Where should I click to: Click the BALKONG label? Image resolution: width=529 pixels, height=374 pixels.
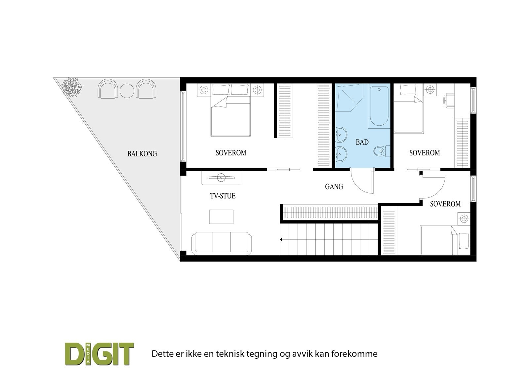point(142,154)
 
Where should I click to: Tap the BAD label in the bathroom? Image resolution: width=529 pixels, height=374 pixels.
point(362,142)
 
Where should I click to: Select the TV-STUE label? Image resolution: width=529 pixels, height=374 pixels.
point(223,196)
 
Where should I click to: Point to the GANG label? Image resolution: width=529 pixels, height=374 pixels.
point(334,187)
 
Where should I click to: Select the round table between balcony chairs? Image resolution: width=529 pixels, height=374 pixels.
point(126,91)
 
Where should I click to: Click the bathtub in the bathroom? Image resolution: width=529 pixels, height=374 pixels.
point(379,106)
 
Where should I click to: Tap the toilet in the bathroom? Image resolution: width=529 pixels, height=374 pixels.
point(381,151)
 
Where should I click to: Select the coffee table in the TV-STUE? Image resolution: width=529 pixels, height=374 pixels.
point(221,217)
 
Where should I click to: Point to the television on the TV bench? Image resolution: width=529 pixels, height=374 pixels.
point(221,177)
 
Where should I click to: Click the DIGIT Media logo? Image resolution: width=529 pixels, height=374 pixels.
point(100,354)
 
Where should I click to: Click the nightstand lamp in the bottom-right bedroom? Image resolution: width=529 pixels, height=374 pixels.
point(464,219)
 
